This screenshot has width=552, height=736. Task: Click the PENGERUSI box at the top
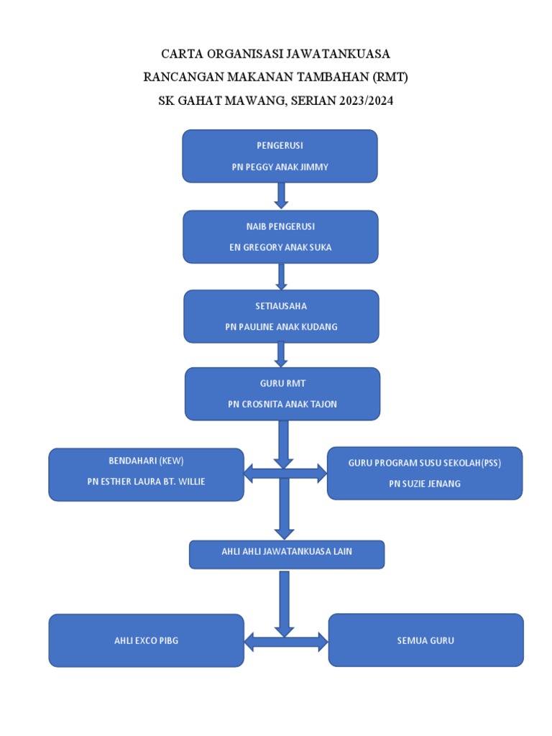coord(280,155)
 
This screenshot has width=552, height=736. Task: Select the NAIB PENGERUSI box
coord(280,236)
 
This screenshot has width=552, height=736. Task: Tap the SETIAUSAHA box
coord(281,316)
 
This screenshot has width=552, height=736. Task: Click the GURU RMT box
coord(282,394)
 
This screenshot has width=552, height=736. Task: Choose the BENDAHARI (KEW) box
coord(146,474)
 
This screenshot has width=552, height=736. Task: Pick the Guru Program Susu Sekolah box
coord(424,473)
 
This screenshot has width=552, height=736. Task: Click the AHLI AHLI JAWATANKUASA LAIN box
coord(286,554)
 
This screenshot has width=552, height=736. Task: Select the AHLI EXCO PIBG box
coord(146,640)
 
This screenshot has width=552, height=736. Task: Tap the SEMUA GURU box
coord(425,640)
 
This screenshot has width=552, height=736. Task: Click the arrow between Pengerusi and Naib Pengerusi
coord(281,195)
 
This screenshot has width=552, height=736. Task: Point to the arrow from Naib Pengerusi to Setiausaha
coord(281,276)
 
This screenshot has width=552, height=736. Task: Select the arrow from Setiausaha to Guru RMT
coord(281,354)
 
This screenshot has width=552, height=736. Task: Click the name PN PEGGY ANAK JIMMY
coord(280,167)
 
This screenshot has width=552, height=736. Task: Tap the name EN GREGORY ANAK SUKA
coord(280,247)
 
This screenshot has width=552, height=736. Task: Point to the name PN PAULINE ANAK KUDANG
coord(281,327)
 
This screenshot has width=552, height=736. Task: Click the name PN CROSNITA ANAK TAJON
coord(282,404)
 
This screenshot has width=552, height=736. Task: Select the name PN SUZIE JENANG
coord(424,484)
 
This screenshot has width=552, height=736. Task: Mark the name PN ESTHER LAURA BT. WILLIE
coord(146,482)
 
